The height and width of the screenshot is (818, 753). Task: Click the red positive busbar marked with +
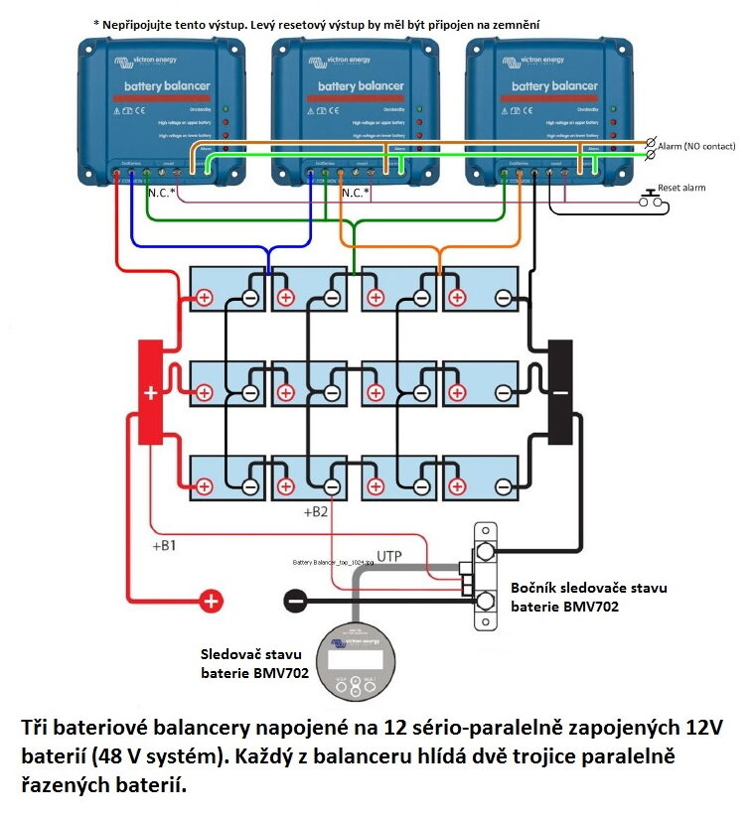(x=150, y=391)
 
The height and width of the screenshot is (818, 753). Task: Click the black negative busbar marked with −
(x=560, y=389)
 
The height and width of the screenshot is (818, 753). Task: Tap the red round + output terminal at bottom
(x=212, y=600)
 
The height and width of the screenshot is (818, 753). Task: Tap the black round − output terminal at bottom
(x=295, y=600)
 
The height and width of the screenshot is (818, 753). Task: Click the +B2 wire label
(x=316, y=513)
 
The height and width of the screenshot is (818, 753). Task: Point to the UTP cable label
(x=389, y=557)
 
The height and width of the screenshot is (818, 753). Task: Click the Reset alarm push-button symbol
(x=653, y=198)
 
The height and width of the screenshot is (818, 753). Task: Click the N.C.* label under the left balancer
(x=160, y=193)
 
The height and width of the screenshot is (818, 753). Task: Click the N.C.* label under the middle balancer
(x=356, y=193)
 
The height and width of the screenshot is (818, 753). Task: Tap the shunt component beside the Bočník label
(x=486, y=577)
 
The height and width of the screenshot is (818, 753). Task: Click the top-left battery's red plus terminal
(x=204, y=297)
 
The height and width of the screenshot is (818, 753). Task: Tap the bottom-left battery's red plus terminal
(x=204, y=486)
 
